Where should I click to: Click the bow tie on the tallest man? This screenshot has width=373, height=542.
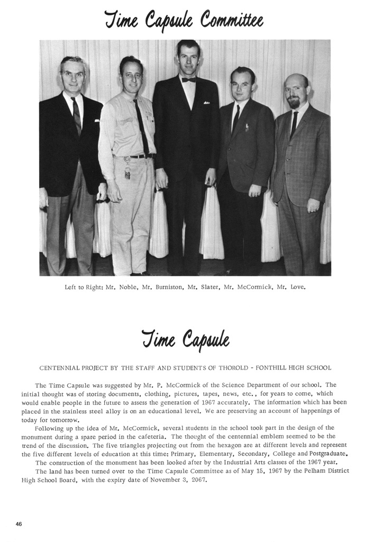[x=188, y=80]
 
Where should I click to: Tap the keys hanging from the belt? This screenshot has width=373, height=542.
[x=127, y=169]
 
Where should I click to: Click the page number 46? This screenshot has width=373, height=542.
[x=19, y=524]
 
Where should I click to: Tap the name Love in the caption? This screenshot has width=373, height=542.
[x=298, y=288]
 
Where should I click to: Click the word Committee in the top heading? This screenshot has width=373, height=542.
[x=231, y=21]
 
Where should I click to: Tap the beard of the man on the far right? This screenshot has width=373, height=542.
[x=294, y=103]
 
